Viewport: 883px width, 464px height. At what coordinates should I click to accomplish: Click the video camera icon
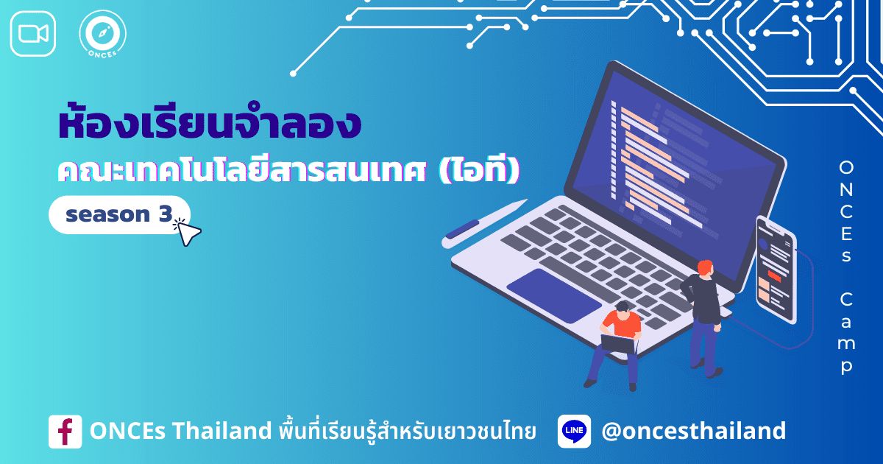tap(33, 33)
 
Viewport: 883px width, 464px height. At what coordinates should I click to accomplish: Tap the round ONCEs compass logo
tap(102, 35)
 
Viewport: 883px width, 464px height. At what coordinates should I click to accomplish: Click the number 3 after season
tap(163, 214)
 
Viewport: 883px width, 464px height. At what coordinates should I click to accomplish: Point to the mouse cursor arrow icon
tap(188, 232)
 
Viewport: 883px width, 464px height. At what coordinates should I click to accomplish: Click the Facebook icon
tap(65, 432)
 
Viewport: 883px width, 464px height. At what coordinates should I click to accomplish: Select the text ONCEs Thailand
tap(180, 432)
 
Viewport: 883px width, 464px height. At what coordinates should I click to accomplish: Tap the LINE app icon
tap(574, 432)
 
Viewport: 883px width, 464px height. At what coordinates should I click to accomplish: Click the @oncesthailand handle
tap(693, 431)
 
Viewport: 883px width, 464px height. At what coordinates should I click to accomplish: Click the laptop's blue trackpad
tap(553, 295)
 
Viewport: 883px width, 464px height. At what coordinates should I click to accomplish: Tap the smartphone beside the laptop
tap(776, 269)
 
